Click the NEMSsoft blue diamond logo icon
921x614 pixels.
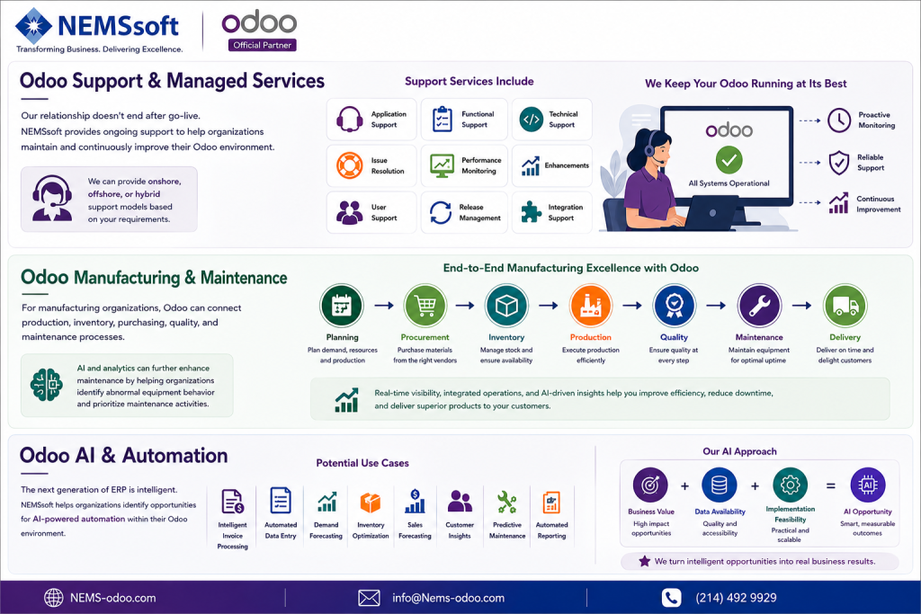tap(33, 26)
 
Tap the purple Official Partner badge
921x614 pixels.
tap(262, 45)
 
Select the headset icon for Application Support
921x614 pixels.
tap(349, 120)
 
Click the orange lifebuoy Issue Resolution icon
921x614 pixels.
tap(349, 165)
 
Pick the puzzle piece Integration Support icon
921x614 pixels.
tap(531, 212)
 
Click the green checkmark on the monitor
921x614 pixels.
tap(729, 160)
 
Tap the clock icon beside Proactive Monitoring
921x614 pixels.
tap(839, 120)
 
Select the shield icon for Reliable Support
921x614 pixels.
tap(839, 163)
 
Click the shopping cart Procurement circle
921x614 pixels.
tap(425, 306)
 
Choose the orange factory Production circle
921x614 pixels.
tap(590, 306)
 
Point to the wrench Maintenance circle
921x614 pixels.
tap(759, 306)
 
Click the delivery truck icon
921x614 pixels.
tap(845, 306)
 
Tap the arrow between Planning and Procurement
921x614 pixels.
tap(384, 306)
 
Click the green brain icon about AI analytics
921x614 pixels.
tap(47, 385)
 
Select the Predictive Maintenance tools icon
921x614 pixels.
tap(506, 503)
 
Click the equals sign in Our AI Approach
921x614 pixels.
tap(830, 485)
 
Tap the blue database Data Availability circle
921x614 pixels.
tap(720, 485)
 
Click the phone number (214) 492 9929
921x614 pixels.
tap(736, 598)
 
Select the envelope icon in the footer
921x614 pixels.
tap(369, 598)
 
